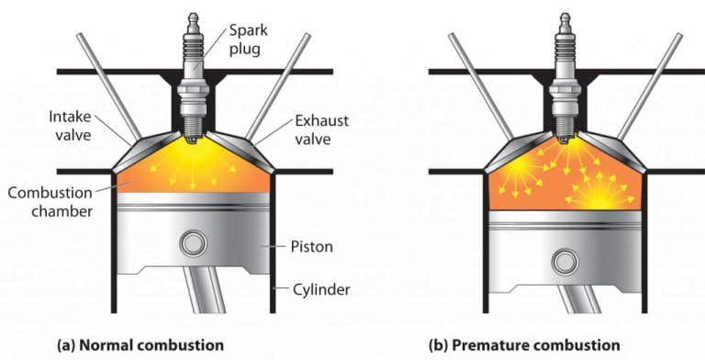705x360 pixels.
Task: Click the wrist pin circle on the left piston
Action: pyautogui.click(x=193, y=243)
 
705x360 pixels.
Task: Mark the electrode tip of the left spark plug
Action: pyautogui.click(x=193, y=141)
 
